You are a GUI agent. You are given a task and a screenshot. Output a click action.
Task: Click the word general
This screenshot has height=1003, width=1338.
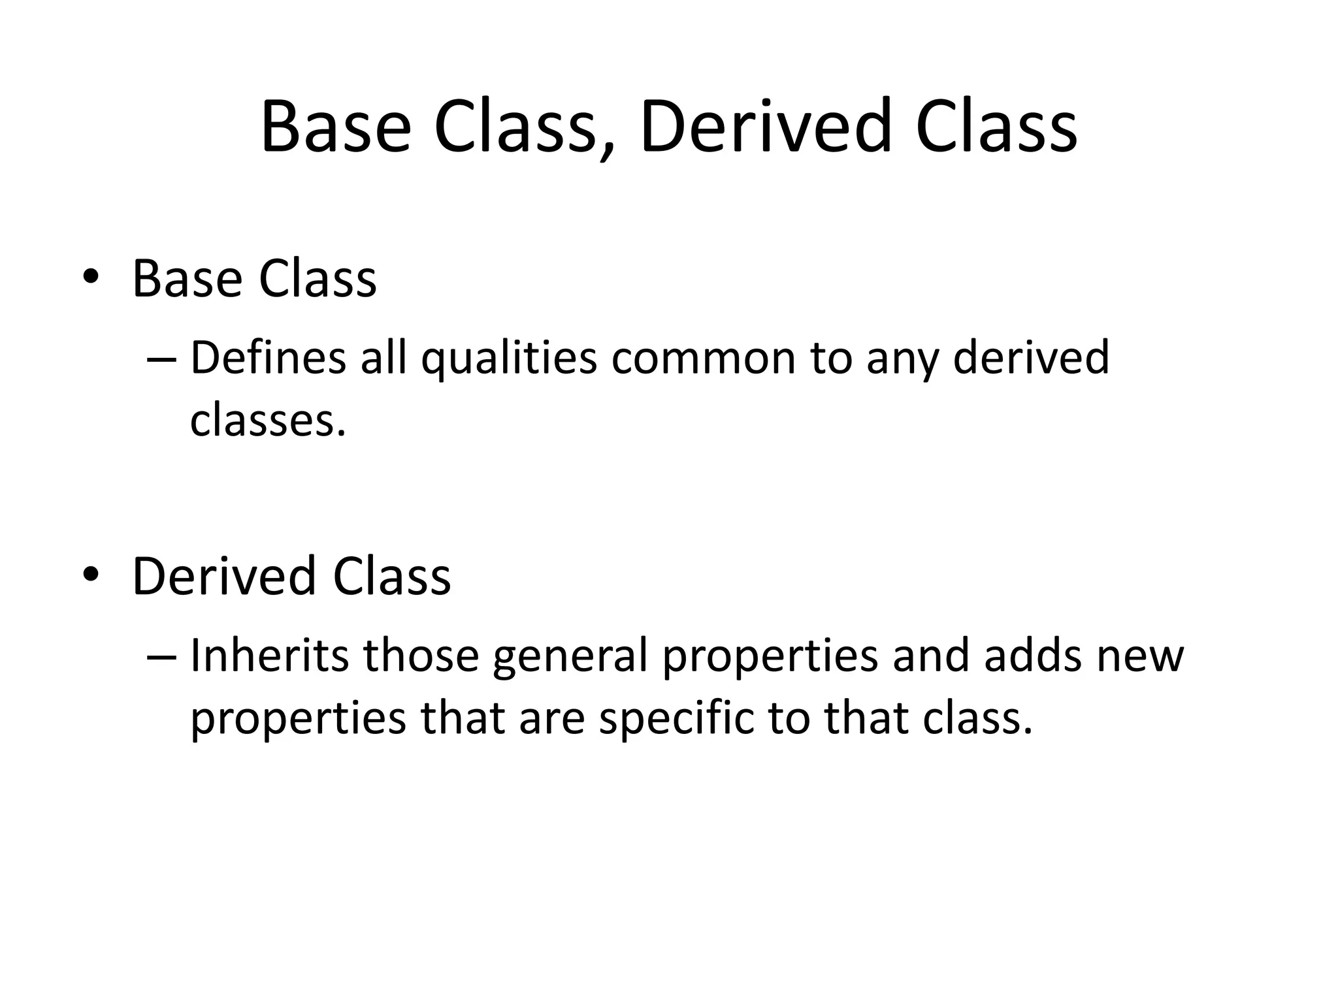coord(570,657)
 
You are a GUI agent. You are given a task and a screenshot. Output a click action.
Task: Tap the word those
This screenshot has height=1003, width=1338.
coord(421,656)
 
